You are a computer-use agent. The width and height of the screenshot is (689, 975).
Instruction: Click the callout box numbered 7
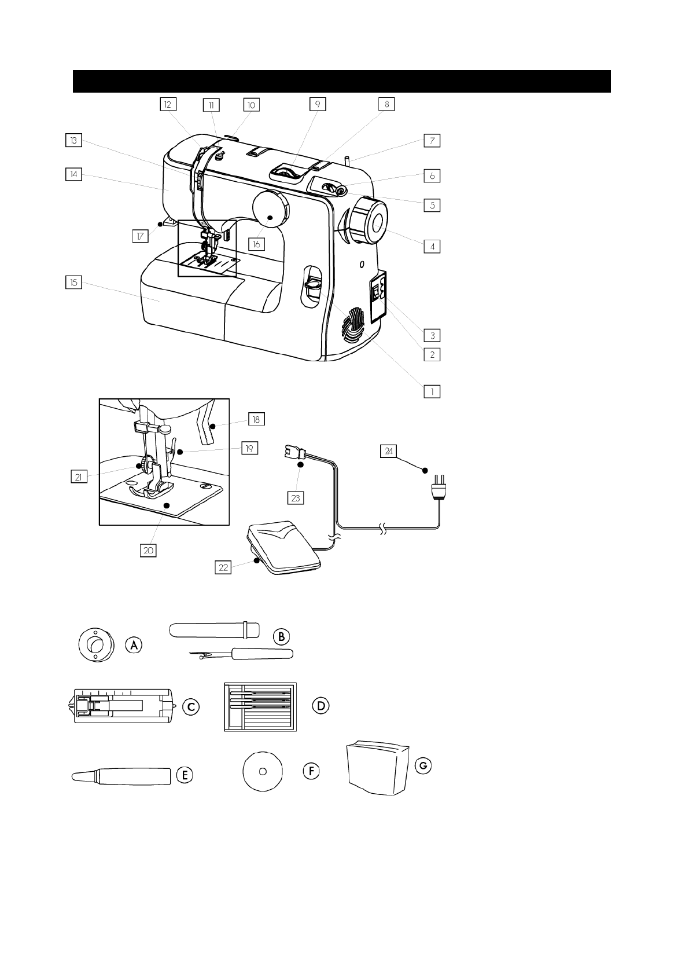(x=432, y=140)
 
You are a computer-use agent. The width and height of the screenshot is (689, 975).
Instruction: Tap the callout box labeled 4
(x=432, y=246)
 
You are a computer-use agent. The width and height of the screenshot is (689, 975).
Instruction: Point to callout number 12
(x=168, y=104)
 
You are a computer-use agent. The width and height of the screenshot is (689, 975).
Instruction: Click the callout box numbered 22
(x=223, y=567)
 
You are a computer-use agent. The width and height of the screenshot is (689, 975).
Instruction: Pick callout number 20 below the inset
(x=148, y=550)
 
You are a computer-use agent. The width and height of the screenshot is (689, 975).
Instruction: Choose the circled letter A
(x=134, y=644)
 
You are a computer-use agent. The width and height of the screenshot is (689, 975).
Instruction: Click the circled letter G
(x=423, y=765)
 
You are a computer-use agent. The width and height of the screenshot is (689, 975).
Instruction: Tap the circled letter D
(x=320, y=706)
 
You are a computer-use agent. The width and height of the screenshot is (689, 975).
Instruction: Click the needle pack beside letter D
(x=260, y=706)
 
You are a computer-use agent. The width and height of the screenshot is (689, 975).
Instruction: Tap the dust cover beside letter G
(x=378, y=768)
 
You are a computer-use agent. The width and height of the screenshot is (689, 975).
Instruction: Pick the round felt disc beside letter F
(x=262, y=770)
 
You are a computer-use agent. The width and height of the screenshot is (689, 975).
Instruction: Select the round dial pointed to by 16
(x=270, y=208)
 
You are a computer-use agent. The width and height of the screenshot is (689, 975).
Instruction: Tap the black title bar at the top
(x=341, y=81)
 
